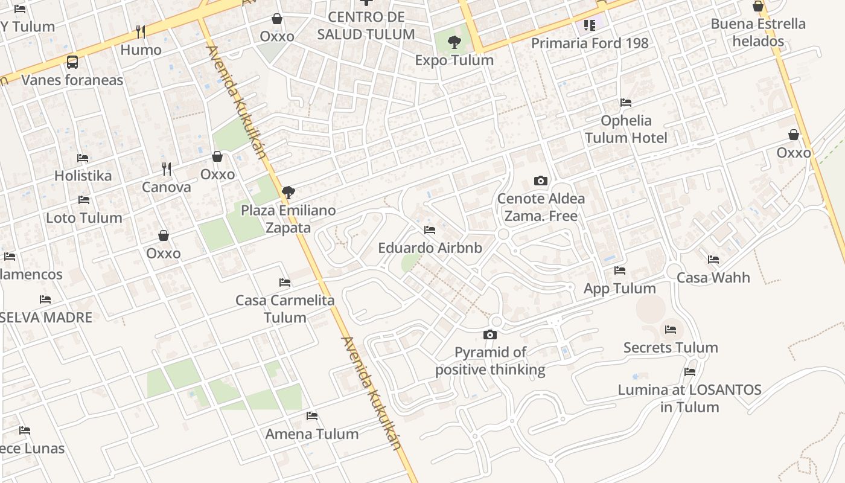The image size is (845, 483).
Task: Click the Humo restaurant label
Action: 141,50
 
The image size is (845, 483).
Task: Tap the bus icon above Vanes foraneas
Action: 72,62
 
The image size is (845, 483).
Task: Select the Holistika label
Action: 83,176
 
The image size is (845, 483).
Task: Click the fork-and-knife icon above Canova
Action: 167,169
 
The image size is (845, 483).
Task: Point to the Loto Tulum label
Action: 84,217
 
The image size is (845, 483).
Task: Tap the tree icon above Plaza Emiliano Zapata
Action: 289,193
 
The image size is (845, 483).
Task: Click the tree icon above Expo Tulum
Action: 454,42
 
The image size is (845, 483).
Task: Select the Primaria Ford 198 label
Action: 590,43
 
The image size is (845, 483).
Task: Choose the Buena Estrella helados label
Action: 758,33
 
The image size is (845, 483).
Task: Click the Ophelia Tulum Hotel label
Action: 626,129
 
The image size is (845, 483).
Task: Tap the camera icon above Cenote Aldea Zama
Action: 541,181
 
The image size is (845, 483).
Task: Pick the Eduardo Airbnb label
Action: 430,248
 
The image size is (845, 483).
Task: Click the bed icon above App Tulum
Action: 619,270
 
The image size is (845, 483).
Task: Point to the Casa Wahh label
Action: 713,278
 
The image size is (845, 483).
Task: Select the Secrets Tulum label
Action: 671,347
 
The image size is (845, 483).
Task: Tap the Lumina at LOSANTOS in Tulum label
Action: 689,398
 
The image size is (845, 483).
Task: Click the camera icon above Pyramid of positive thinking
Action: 490,334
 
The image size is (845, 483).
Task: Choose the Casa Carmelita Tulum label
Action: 285,309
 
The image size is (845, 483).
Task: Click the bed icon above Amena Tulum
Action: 312,416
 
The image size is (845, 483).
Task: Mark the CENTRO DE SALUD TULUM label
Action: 366,25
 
